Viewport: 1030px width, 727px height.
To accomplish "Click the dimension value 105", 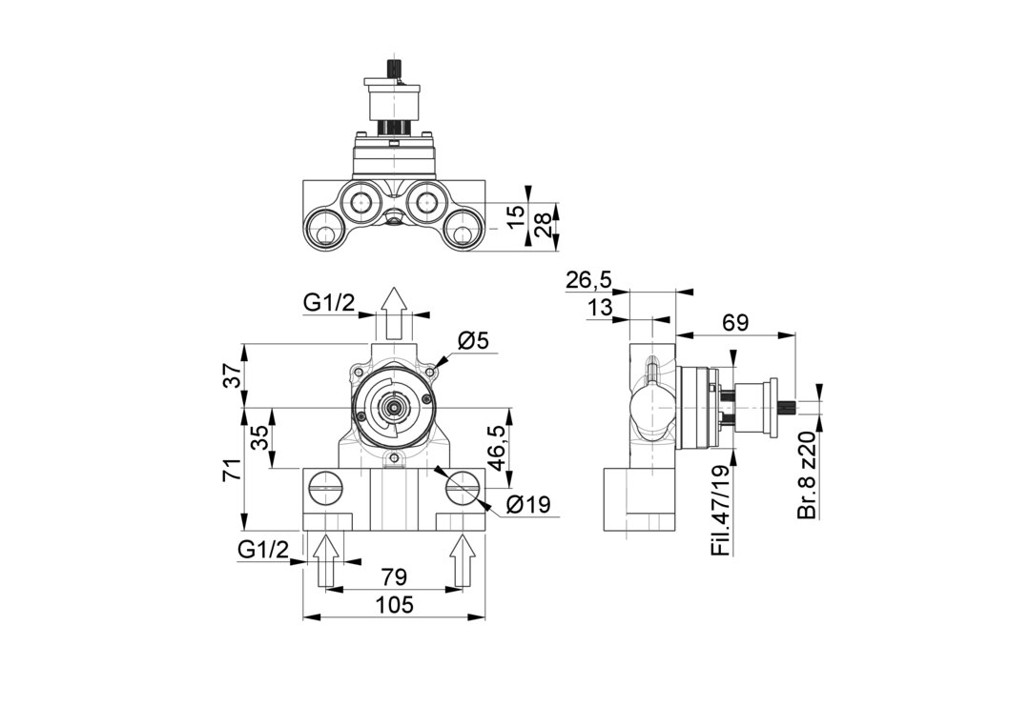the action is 395,604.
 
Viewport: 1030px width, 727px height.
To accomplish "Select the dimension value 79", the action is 394,576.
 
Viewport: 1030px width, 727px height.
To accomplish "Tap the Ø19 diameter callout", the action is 528,505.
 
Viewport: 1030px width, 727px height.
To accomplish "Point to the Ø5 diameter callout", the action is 474,340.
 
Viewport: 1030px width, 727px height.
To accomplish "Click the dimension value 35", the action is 259,437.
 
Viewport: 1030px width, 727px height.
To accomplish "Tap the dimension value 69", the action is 735,322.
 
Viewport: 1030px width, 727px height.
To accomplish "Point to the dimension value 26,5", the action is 588,280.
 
